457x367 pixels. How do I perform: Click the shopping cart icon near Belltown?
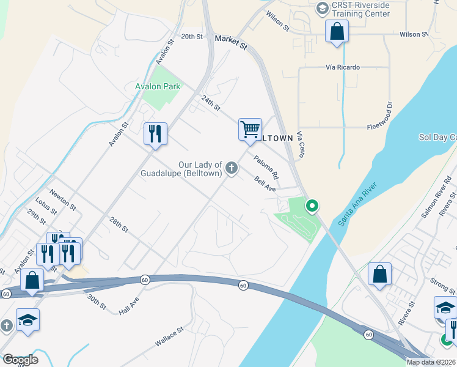click(x=250, y=130)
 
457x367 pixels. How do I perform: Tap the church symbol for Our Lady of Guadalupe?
click(x=232, y=168)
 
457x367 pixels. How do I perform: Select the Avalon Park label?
click(x=158, y=86)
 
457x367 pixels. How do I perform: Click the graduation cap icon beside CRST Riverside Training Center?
click(x=322, y=9)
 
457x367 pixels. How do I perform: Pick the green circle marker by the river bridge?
click(x=312, y=206)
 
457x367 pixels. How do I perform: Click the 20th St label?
click(x=191, y=37)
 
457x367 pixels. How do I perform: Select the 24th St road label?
click(x=210, y=103)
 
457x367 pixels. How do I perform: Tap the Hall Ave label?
click(x=130, y=304)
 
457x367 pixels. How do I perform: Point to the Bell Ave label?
click(x=265, y=182)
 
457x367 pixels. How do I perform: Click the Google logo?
click(x=20, y=359)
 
